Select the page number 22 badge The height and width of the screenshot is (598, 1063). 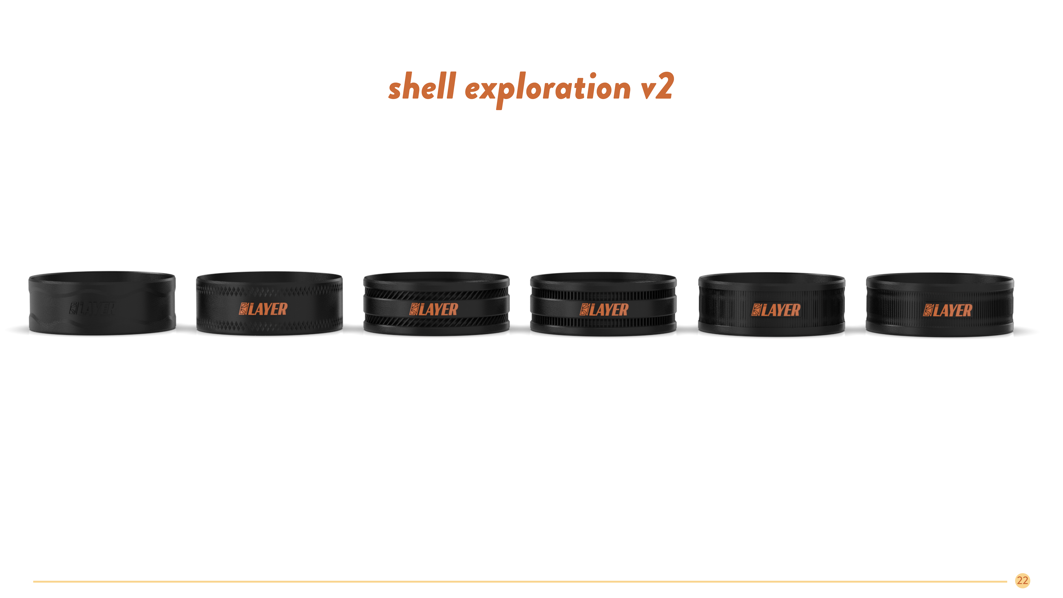click(x=1022, y=581)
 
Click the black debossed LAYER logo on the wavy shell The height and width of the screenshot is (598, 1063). click(x=92, y=309)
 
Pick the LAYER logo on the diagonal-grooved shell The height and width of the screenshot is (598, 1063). click(x=433, y=310)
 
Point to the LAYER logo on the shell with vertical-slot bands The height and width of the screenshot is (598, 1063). click(x=604, y=310)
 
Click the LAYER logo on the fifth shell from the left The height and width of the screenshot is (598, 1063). click(x=775, y=310)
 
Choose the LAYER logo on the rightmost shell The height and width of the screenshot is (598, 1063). click(x=948, y=310)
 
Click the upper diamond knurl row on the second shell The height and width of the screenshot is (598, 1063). click(x=269, y=291)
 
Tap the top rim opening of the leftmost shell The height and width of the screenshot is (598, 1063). click(x=102, y=276)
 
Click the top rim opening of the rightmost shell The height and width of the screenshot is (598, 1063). click(x=940, y=277)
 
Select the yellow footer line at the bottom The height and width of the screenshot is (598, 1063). click(x=520, y=581)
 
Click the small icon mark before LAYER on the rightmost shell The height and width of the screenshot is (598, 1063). click(x=928, y=310)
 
